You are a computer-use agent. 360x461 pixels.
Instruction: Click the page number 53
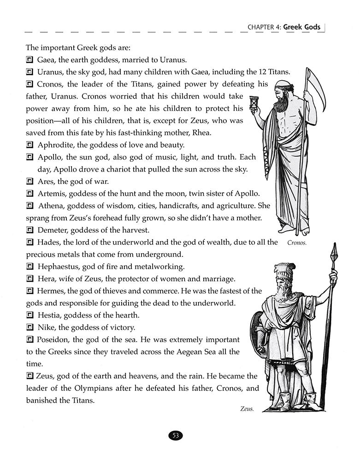click(x=176, y=435)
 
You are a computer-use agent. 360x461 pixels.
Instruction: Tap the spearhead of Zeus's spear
click(x=335, y=251)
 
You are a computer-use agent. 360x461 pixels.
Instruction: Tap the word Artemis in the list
click(x=51, y=193)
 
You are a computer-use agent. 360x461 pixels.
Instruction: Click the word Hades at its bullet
click(x=48, y=242)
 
